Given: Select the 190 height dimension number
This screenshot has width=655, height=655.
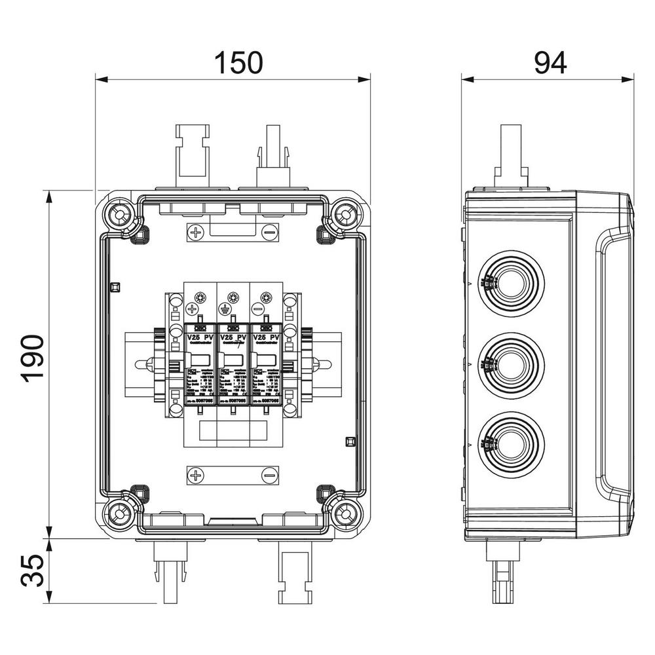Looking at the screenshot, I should (x=32, y=358).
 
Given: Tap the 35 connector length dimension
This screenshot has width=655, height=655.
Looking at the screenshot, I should (x=32, y=571).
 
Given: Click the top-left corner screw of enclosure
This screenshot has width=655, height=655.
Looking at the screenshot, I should (x=120, y=215).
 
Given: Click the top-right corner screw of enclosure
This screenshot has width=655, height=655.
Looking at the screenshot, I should (x=345, y=215).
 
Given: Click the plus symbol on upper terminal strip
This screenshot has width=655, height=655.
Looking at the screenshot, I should (x=196, y=231).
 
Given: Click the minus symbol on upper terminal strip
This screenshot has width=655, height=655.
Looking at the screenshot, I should (x=269, y=231).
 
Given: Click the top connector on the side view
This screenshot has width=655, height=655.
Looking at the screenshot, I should (x=511, y=157).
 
